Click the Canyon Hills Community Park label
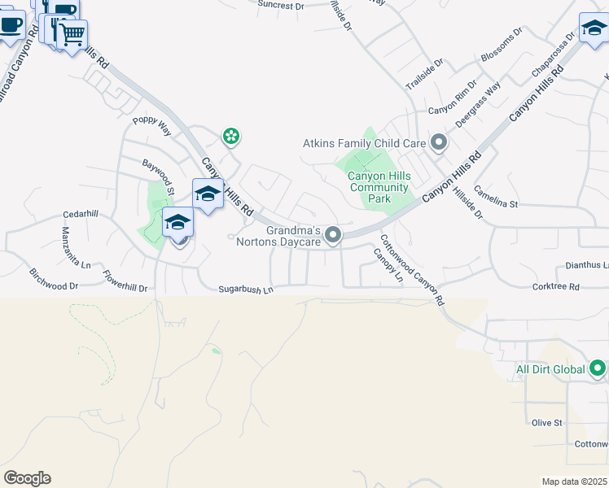pyautogui.click(x=379, y=187)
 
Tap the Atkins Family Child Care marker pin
pyautogui.click(x=440, y=143)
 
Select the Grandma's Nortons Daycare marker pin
pyautogui.click(x=332, y=235)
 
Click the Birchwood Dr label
pyautogui.click(x=54, y=280)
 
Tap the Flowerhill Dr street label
pyautogui.click(x=125, y=281)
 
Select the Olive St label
pyautogui.click(x=546, y=423)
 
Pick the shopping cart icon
pyautogui.click(x=72, y=34)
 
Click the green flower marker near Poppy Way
pyautogui.click(x=232, y=136)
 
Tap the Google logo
pyautogui.click(x=27, y=478)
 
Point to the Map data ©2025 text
pyautogui.click(x=574, y=481)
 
